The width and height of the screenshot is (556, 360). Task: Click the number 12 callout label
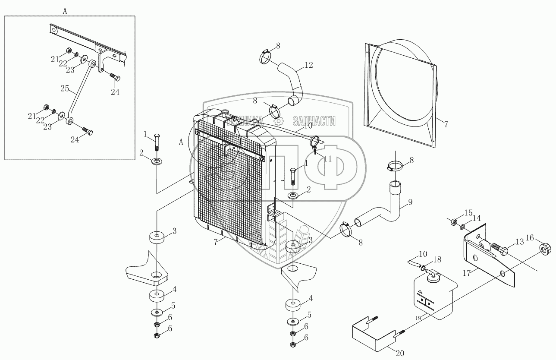tap(308, 66)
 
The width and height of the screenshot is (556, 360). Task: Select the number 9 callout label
tap(410, 201)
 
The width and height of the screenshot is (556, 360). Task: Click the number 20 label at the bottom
tap(400, 354)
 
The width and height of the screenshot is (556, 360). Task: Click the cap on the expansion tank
tap(433, 277)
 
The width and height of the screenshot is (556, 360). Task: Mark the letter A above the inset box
tap(65, 12)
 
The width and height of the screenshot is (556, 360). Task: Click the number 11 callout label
tap(328, 158)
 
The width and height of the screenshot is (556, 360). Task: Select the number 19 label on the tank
tap(418, 318)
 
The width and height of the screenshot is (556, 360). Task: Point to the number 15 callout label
tap(468, 214)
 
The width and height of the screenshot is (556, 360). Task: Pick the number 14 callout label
tap(476, 219)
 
